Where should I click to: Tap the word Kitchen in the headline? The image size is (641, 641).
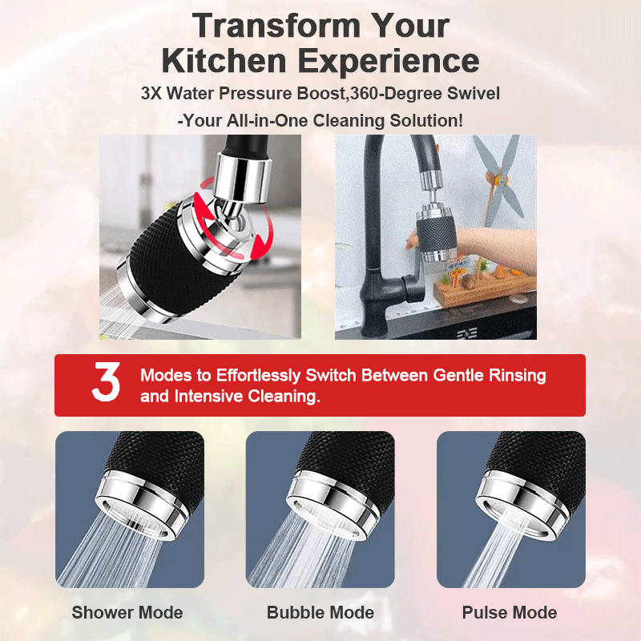coord(224,61)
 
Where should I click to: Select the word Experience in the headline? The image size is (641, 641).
coord(389,62)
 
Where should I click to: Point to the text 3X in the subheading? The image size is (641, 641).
coord(151,93)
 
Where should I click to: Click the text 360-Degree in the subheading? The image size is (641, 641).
coord(396,94)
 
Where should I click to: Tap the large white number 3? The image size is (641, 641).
coord(107,382)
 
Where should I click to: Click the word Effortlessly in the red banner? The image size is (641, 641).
coord(258,376)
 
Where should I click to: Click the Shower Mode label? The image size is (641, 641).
coord(127,612)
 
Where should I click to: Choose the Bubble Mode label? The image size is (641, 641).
coord(320,612)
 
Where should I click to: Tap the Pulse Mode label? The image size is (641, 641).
coord(510,612)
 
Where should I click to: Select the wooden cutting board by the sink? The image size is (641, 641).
coord(486,289)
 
